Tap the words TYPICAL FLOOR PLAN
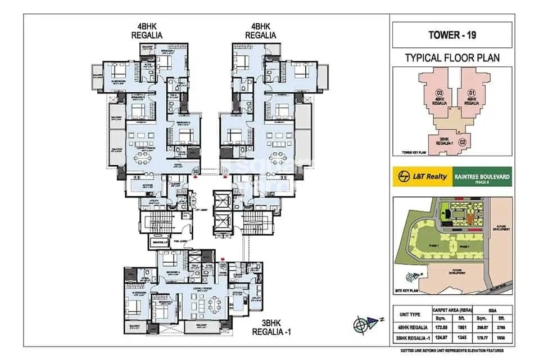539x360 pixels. click(x=452, y=57)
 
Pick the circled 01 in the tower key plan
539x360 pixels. click(x=472, y=93)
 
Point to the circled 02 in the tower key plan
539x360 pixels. click(x=463, y=142)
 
